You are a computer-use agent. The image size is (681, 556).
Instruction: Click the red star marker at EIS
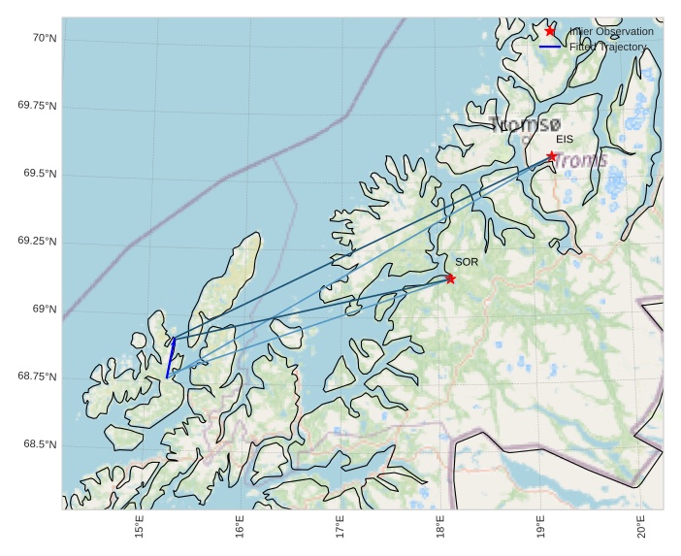tap(552, 156)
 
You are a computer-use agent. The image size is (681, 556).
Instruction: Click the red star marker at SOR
tap(450, 278)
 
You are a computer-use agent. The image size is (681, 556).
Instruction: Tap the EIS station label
tap(565, 140)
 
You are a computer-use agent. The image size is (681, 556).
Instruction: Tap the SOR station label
tap(467, 262)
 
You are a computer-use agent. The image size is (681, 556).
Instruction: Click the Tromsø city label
tap(526, 124)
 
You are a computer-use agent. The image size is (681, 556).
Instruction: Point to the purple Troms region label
tap(581, 160)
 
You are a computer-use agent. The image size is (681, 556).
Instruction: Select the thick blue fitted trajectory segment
tap(171, 357)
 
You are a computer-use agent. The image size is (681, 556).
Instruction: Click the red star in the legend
tap(550, 31)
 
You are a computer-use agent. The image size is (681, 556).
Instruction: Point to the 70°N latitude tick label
tap(45, 38)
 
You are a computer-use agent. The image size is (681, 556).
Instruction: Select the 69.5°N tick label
tap(40, 174)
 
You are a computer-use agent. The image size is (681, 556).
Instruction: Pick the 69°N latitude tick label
tap(45, 310)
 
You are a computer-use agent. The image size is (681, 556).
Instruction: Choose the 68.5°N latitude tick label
tap(40, 444)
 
